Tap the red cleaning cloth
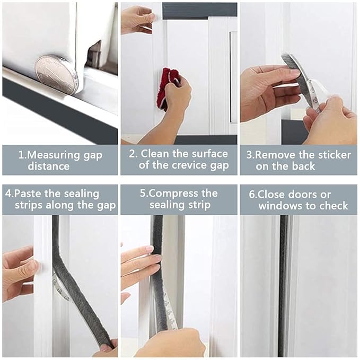(167, 89)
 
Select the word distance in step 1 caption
(49, 166)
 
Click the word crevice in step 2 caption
(186, 165)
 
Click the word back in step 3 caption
(303, 166)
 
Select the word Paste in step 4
(28, 194)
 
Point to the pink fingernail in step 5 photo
(150, 249)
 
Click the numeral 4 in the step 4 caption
(8, 194)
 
